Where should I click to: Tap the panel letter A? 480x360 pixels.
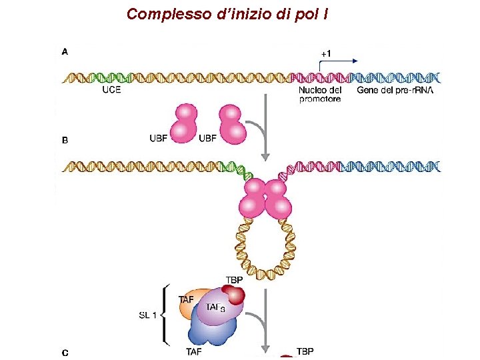(x=65, y=51)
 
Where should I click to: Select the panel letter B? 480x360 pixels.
(x=65, y=141)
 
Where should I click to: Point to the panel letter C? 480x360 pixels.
(x=65, y=351)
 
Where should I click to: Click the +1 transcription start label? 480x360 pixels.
(x=327, y=53)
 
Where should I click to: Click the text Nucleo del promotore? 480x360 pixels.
(x=320, y=95)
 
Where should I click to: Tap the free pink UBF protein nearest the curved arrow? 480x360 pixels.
(x=231, y=123)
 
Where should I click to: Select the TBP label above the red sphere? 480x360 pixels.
(x=235, y=280)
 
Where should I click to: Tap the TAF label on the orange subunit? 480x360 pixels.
(x=187, y=300)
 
